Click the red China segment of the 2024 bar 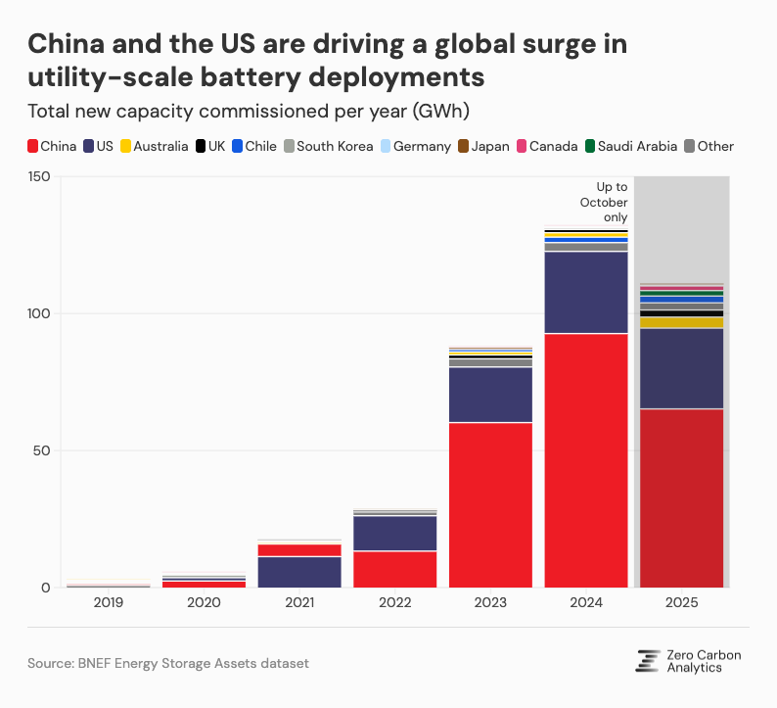pos(586,460)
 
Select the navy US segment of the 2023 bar pos(490,395)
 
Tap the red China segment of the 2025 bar pos(681,497)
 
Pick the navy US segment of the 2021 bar pos(299,572)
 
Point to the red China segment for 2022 pos(394,569)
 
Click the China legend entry pos(53,146)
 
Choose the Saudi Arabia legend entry pos(632,146)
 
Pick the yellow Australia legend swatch pos(125,146)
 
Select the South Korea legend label pos(335,146)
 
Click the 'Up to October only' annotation pos(603,202)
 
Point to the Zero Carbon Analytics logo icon pos(647,661)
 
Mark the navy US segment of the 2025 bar pos(681,368)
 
